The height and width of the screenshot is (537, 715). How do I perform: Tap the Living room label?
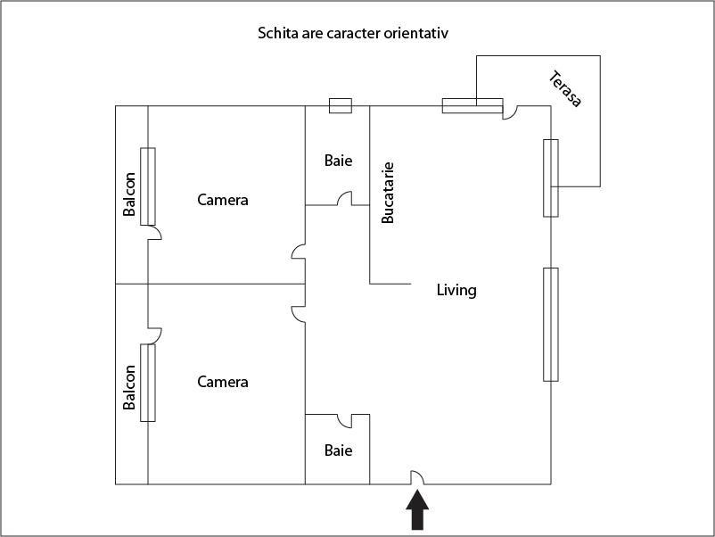click(456, 290)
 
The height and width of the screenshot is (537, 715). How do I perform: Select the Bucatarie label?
click(388, 192)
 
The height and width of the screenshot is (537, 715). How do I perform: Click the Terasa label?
click(565, 88)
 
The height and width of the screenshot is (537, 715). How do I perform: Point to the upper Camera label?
click(223, 200)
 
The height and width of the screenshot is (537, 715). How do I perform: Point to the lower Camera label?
click(223, 382)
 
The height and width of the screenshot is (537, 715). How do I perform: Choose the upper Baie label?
click(338, 161)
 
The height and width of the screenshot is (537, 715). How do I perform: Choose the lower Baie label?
click(338, 450)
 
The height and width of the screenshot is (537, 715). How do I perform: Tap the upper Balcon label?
click(130, 194)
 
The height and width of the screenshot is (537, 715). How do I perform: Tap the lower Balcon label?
click(130, 387)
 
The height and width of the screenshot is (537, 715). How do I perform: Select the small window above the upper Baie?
click(341, 106)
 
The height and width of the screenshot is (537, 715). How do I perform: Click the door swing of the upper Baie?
click(343, 200)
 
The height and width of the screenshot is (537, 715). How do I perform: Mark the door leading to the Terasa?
click(510, 112)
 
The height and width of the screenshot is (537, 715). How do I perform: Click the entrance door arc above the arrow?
click(416, 478)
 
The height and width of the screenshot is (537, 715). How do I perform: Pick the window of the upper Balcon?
click(148, 186)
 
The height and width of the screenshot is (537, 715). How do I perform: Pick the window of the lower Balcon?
click(148, 383)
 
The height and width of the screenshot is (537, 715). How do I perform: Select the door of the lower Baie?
click(344, 420)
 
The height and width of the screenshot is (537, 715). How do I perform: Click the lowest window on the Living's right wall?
click(551, 324)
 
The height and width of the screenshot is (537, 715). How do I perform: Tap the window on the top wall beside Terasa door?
click(472, 105)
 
